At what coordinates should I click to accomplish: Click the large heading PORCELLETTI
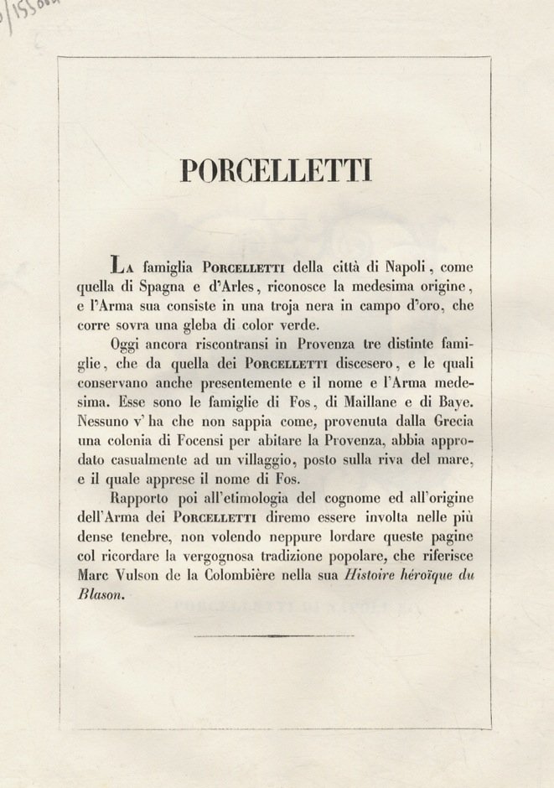point(276,170)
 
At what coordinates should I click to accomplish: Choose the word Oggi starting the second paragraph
point(126,345)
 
